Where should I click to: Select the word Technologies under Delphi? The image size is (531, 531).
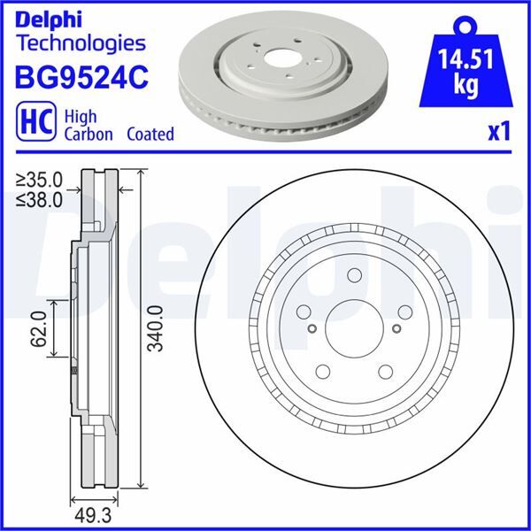click(81, 42)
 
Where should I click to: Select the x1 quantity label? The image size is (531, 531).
click(501, 133)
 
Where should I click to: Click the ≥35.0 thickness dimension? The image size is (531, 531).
click(40, 183)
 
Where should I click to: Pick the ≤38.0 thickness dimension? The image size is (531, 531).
click(40, 200)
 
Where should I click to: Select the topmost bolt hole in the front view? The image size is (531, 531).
click(353, 274)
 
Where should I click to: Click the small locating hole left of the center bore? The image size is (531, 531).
click(312, 329)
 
